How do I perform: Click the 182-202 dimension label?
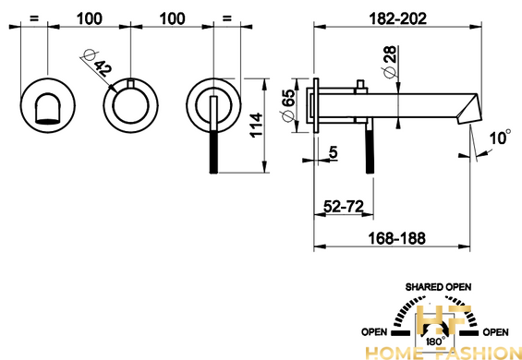(398, 19)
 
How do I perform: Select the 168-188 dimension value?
(397, 238)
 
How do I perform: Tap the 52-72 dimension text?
(344, 207)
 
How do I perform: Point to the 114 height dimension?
(256, 126)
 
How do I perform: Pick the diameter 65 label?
(287, 105)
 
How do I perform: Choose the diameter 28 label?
(390, 61)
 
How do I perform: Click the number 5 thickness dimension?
(334, 152)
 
